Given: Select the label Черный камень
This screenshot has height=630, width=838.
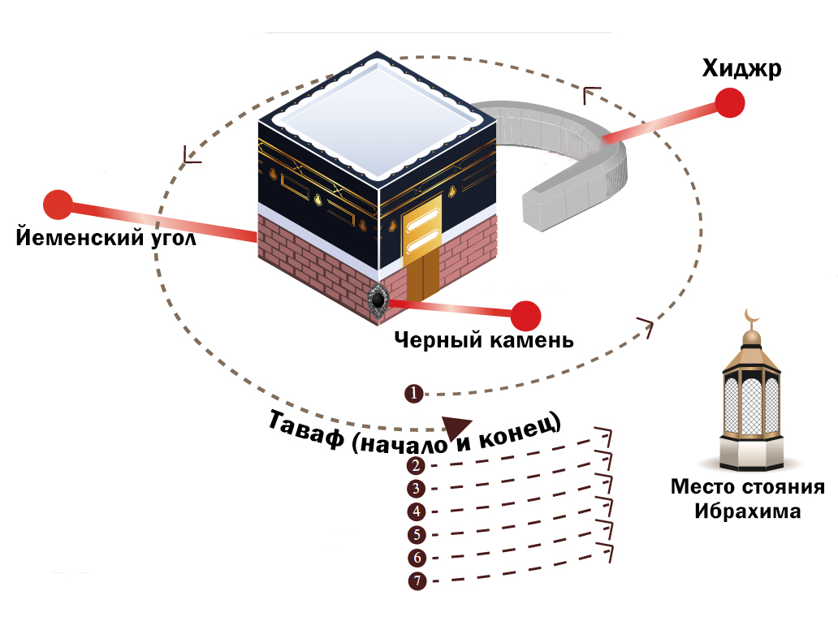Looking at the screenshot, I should (x=484, y=339).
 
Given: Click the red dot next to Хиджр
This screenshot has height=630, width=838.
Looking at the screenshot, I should (x=731, y=103).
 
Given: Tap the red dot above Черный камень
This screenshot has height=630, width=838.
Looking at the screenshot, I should (x=526, y=315).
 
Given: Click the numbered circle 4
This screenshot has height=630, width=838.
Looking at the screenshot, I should (x=416, y=511).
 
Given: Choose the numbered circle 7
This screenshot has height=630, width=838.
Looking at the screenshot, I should (x=417, y=581).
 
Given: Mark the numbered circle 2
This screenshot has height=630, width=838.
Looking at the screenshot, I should (x=416, y=465).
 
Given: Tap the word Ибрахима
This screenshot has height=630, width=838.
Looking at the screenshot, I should (x=747, y=512).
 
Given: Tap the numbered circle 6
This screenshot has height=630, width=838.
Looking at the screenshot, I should (x=417, y=558).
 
